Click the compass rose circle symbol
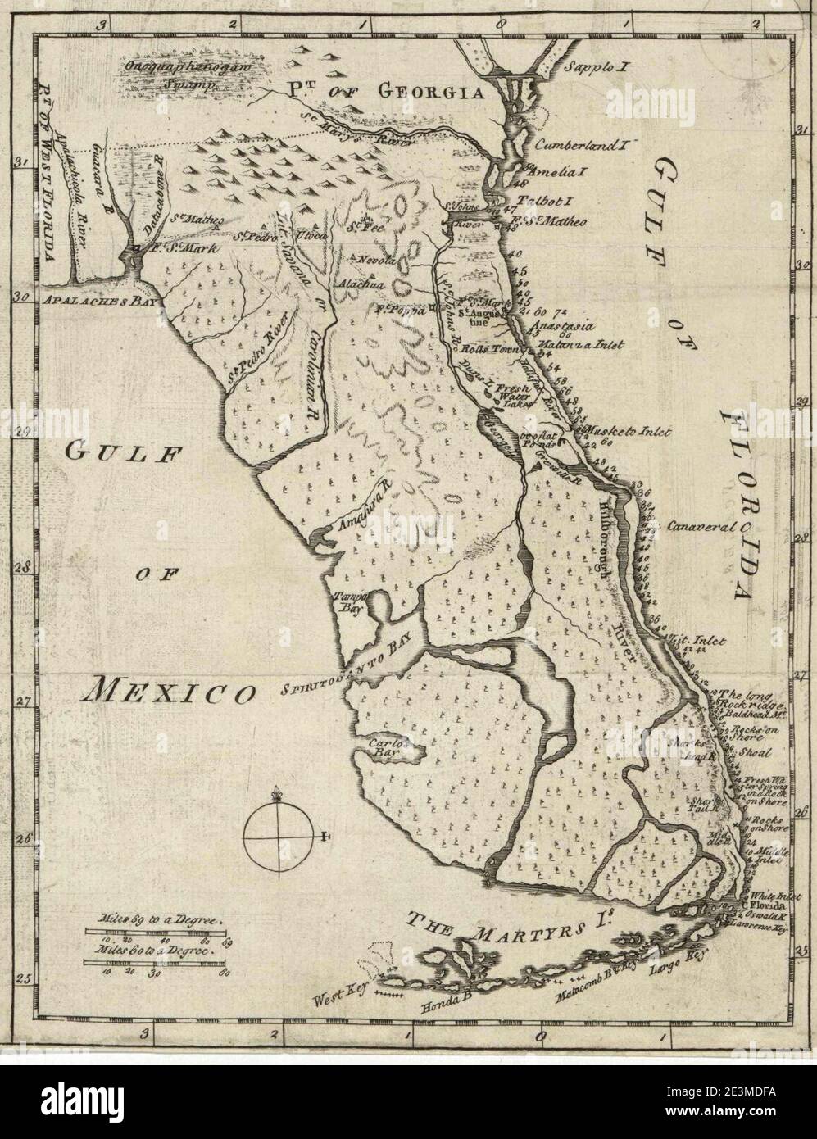[279, 836]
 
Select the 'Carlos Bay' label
[383, 746]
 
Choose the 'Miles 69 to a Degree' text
[159, 921]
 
